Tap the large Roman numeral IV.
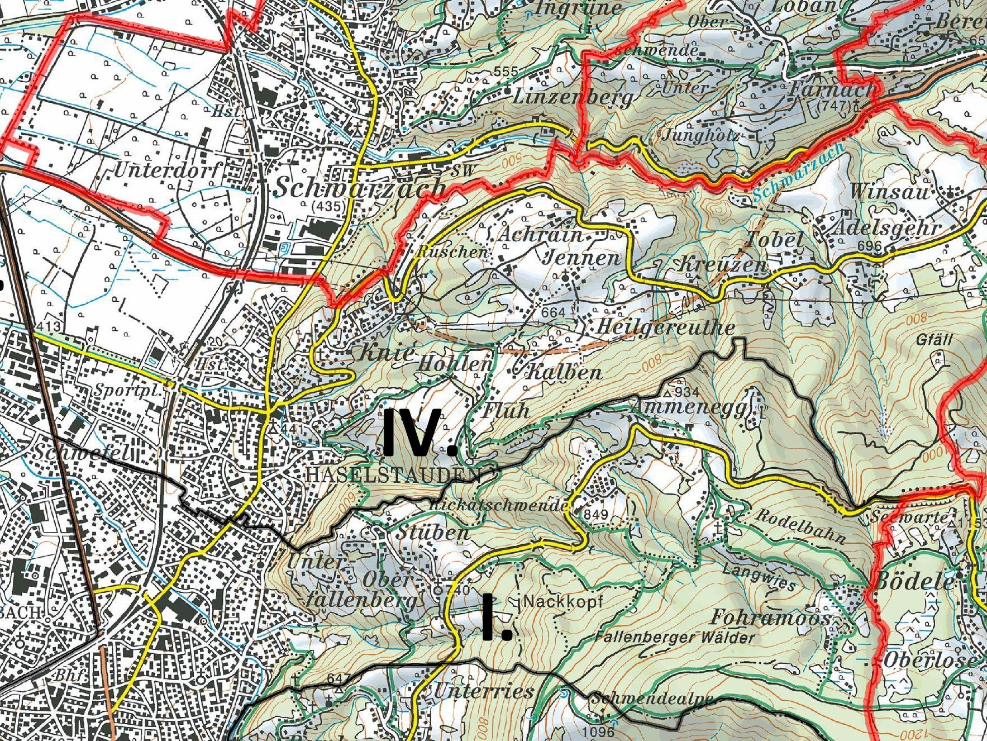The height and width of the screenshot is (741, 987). (x=420, y=431)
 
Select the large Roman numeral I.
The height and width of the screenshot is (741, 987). (x=496, y=617)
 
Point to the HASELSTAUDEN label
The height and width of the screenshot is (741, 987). (x=394, y=474)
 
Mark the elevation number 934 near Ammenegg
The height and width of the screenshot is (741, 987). (x=686, y=391)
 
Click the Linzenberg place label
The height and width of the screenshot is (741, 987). (x=573, y=97)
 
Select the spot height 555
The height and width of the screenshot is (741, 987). (x=506, y=72)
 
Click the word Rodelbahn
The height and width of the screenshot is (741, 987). (x=800, y=525)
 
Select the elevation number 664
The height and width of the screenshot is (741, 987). (x=553, y=312)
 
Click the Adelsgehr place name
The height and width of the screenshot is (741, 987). (x=886, y=228)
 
